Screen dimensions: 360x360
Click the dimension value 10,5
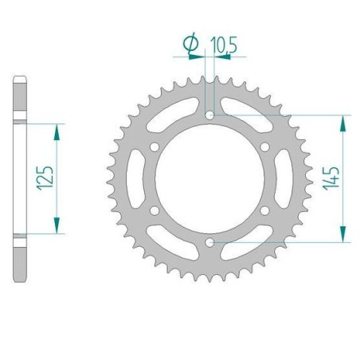coord(224,46)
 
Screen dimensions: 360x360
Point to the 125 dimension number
coord(45,178)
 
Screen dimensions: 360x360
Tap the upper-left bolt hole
coord(155,147)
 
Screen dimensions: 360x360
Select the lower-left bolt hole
coord(155,210)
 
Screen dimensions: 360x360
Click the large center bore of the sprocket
coord(209,178)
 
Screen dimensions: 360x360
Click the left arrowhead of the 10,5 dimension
coord(201,57)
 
